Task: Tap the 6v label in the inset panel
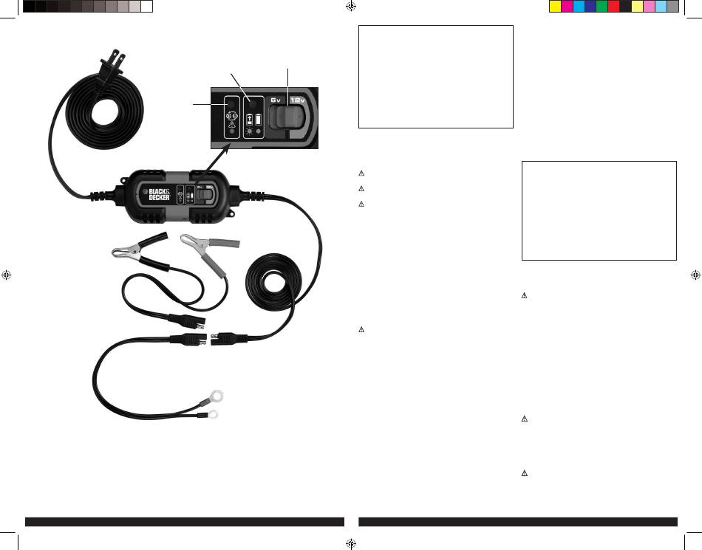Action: [276, 99]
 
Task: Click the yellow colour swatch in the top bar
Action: [555, 7]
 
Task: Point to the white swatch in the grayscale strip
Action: [146, 7]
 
